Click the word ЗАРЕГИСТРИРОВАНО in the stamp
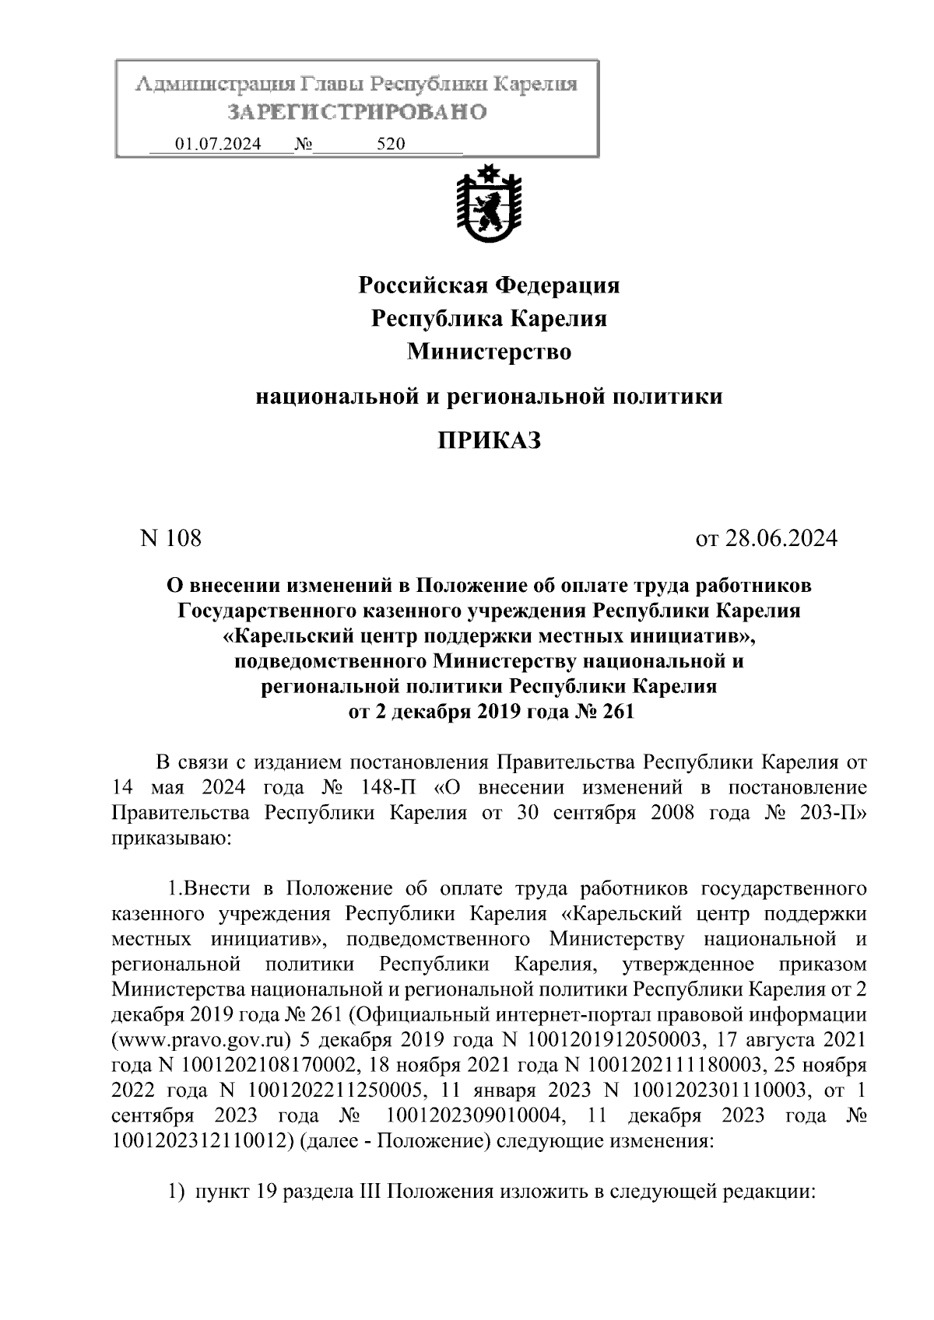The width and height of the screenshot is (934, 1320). coord(357,112)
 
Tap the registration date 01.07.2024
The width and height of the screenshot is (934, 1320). coord(219,145)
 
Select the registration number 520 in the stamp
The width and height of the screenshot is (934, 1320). coord(391,145)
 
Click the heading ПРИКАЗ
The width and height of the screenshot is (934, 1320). coord(488,441)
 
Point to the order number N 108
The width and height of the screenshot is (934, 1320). coord(170,537)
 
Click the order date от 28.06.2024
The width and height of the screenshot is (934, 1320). coord(766,537)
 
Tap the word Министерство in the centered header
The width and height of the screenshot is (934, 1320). coord(489,352)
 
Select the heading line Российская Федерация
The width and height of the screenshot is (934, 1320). coord(489,285)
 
